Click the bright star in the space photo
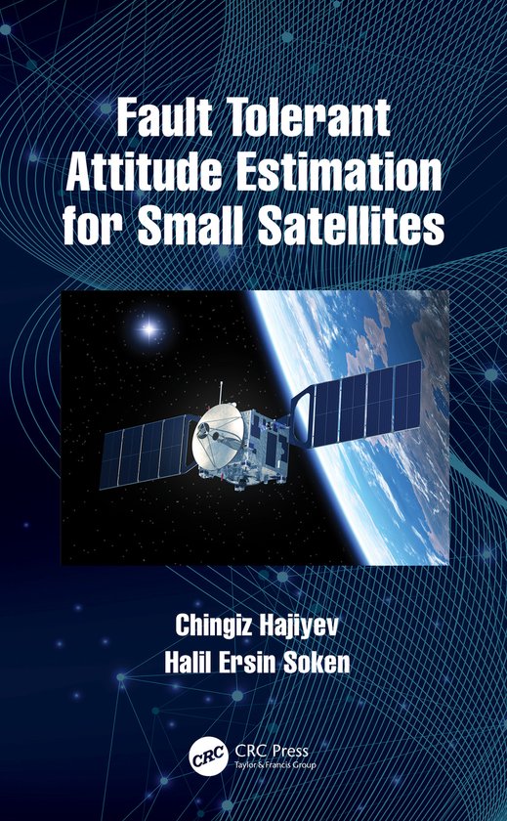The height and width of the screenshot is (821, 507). [x=149, y=329]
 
